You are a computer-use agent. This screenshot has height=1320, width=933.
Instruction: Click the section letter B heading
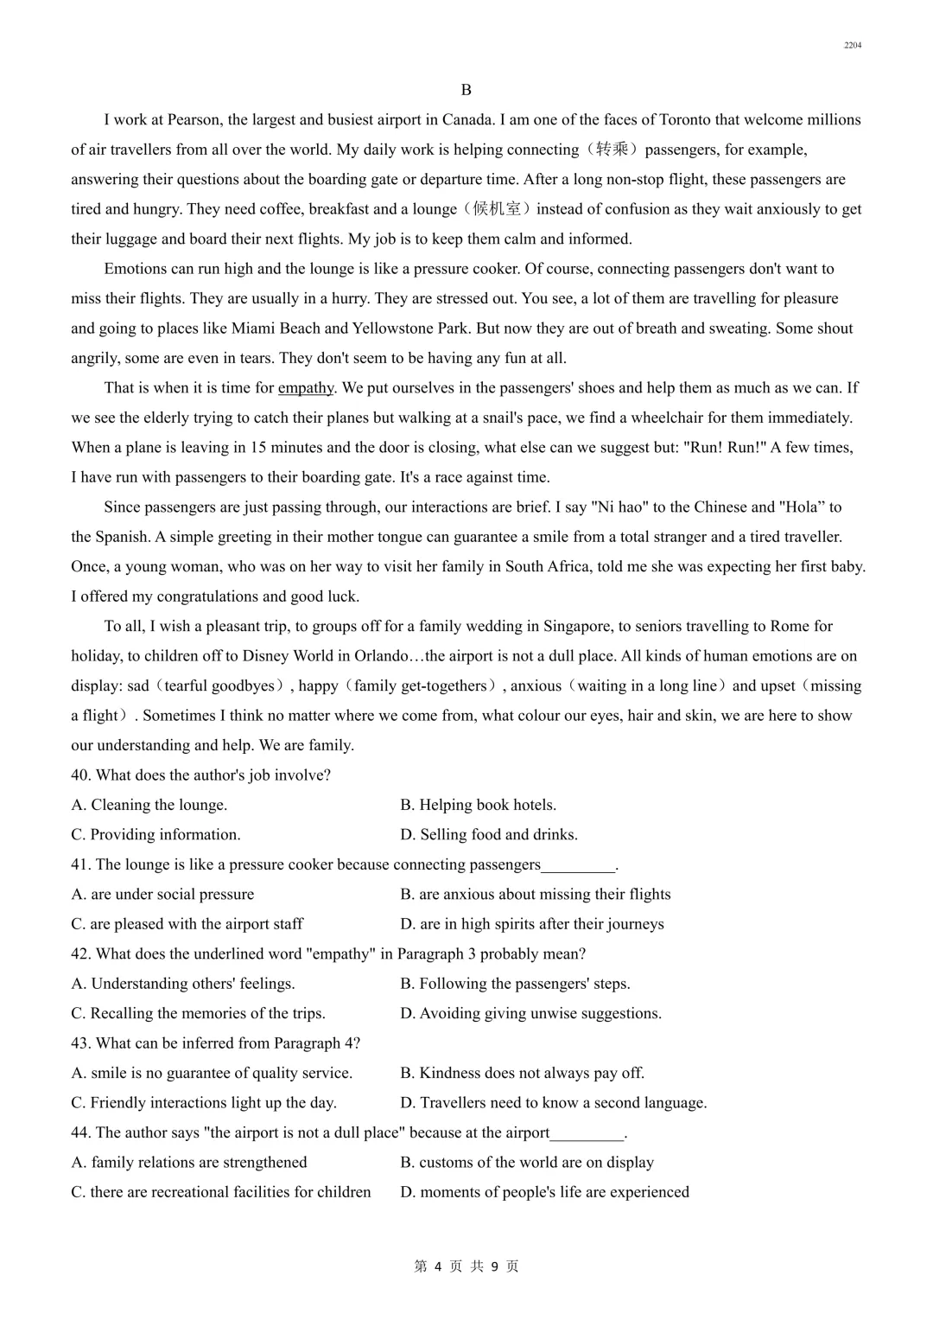pyautogui.click(x=466, y=90)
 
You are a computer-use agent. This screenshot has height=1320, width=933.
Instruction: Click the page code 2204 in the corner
pyautogui.click(x=853, y=45)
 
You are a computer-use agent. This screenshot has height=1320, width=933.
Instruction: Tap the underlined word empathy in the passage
pyautogui.click(x=306, y=388)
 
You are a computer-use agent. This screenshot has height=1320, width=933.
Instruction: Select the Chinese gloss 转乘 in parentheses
pyautogui.click(x=612, y=150)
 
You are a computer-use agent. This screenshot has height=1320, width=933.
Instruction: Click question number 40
pyautogui.click(x=80, y=775)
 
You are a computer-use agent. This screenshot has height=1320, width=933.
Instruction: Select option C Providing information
pyautogui.click(x=155, y=835)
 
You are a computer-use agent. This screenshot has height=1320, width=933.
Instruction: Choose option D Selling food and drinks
pyautogui.click(x=489, y=835)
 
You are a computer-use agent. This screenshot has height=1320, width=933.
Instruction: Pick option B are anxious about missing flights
pyautogui.click(x=536, y=895)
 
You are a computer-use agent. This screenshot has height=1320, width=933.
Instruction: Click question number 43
pyautogui.click(x=80, y=1043)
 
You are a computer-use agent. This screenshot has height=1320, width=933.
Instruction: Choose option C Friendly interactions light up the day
pyautogui.click(x=204, y=1103)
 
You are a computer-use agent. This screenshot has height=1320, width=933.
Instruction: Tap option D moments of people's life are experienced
pyautogui.click(x=544, y=1192)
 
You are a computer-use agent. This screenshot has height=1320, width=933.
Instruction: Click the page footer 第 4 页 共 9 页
pyautogui.click(x=466, y=1266)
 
